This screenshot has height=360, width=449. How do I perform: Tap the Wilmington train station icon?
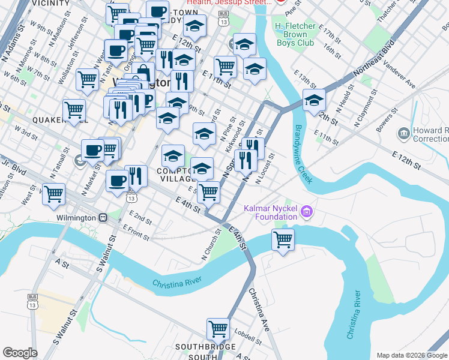(103, 217)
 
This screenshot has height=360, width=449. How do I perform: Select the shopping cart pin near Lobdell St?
(218, 328)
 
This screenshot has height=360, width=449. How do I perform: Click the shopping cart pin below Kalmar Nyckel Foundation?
(283, 239)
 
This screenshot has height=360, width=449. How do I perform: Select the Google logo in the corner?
(20, 353)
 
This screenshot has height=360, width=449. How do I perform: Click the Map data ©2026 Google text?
(411, 355)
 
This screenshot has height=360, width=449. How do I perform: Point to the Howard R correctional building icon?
(403, 132)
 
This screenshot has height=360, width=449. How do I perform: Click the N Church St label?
(212, 246)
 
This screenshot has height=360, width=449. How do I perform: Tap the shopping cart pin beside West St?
(54, 194)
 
